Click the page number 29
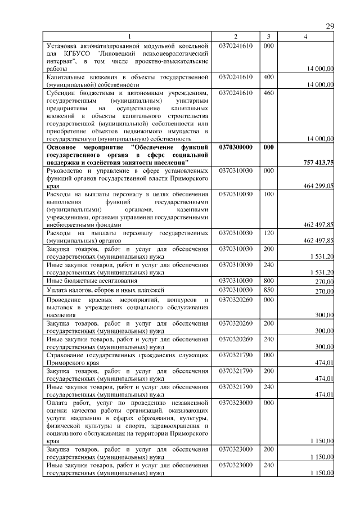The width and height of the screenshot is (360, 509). tap(330, 27)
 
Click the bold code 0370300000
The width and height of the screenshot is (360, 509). tap(236, 147)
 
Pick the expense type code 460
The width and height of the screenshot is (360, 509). tap(268, 93)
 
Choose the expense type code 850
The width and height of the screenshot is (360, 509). tap(268, 290)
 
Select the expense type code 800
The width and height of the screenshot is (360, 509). tap(268, 280)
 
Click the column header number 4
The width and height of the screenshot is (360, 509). tap(305, 37)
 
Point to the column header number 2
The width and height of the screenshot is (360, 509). tap(236, 37)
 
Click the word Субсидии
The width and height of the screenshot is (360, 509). tap(61, 93)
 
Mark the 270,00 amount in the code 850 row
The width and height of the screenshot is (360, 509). tap(324, 291)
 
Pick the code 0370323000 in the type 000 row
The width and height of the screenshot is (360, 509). tap(236, 403)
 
